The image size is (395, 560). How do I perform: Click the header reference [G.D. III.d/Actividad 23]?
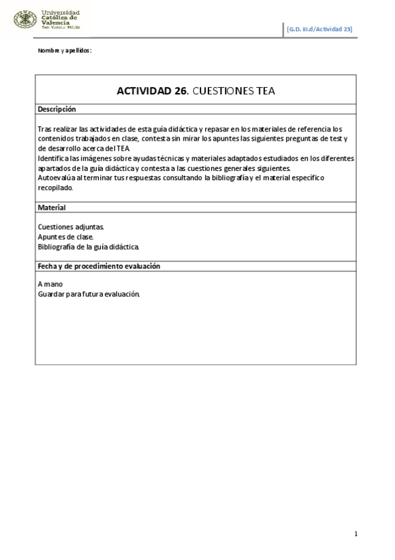320,29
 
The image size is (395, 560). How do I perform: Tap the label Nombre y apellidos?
64,51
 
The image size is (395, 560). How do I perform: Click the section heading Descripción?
57,109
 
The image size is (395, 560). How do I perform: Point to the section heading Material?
51,207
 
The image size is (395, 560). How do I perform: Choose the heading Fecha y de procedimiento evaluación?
100,266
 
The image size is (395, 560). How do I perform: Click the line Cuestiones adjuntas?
71,227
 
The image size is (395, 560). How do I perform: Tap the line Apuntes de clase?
66,236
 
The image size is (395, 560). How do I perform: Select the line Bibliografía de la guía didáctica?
88,246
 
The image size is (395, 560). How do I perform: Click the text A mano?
50,285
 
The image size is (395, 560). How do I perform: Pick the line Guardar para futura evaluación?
89,295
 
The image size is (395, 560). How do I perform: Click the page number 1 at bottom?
355,534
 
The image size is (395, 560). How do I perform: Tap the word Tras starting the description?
44,129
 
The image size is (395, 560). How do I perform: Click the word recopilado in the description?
55,188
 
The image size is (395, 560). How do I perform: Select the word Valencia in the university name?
55,22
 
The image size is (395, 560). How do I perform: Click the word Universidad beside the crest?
61,12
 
